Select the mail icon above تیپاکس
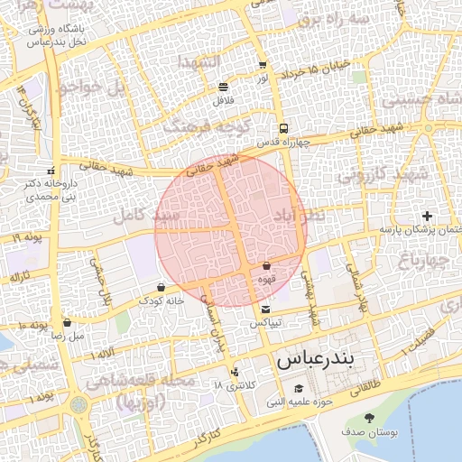click(265, 310)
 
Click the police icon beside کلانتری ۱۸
click(236, 371)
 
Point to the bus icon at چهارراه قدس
click(283, 129)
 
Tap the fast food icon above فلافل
click(223, 88)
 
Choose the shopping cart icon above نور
click(263, 66)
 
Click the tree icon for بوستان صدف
click(369, 418)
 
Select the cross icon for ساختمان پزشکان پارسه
click(427, 216)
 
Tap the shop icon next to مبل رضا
click(67, 322)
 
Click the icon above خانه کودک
click(162, 287)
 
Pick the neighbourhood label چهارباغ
click(420, 261)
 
